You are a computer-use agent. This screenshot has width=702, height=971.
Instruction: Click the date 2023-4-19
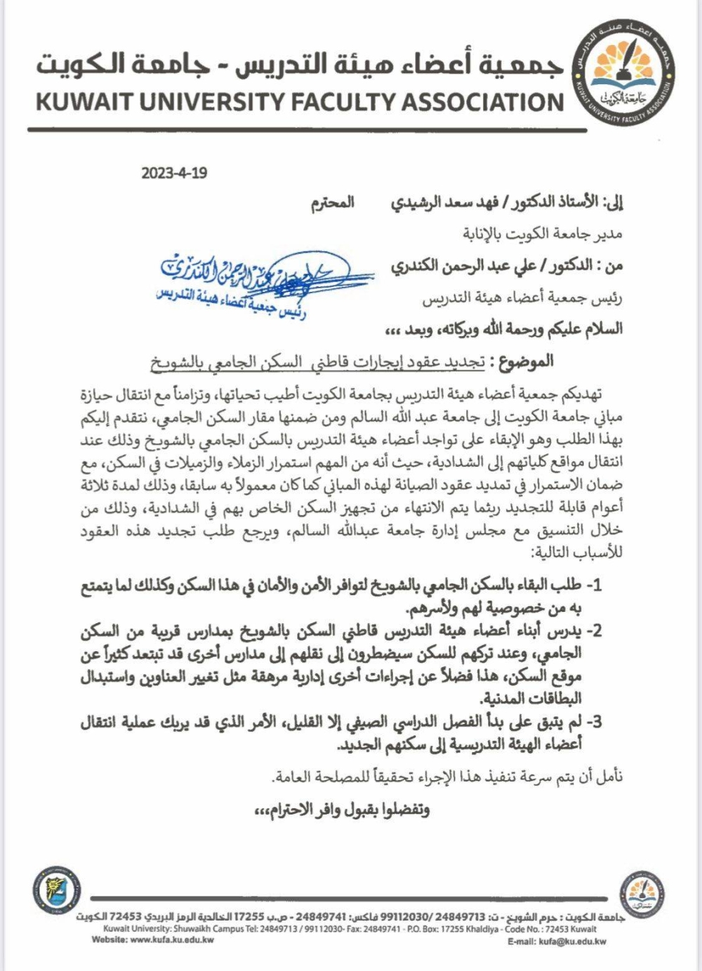pyautogui.click(x=174, y=173)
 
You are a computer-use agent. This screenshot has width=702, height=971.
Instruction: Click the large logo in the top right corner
pyautogui.click(x=624, y=74)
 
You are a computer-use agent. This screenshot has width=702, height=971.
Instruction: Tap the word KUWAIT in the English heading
pyautogui.click(x=84, y=102)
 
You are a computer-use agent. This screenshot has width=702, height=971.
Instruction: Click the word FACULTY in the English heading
pyautogui.click(x=343, y=102)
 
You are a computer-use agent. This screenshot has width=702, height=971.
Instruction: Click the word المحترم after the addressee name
pyautogui.click(x=333, y=203)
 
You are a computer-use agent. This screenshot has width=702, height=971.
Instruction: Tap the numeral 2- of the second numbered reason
pyautogui.click(x=593, y=631)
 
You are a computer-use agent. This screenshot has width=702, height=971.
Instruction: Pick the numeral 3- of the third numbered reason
pyautogui.click(x=593, y=722)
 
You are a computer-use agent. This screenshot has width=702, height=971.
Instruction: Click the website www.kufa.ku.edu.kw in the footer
pyautogui.click(x=172, y=939)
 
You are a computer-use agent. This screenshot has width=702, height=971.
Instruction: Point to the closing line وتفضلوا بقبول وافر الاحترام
pyautogui.click(x=342, y=810)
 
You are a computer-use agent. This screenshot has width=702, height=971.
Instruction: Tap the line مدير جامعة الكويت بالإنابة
pyautogui.click(x=543, y=234)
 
